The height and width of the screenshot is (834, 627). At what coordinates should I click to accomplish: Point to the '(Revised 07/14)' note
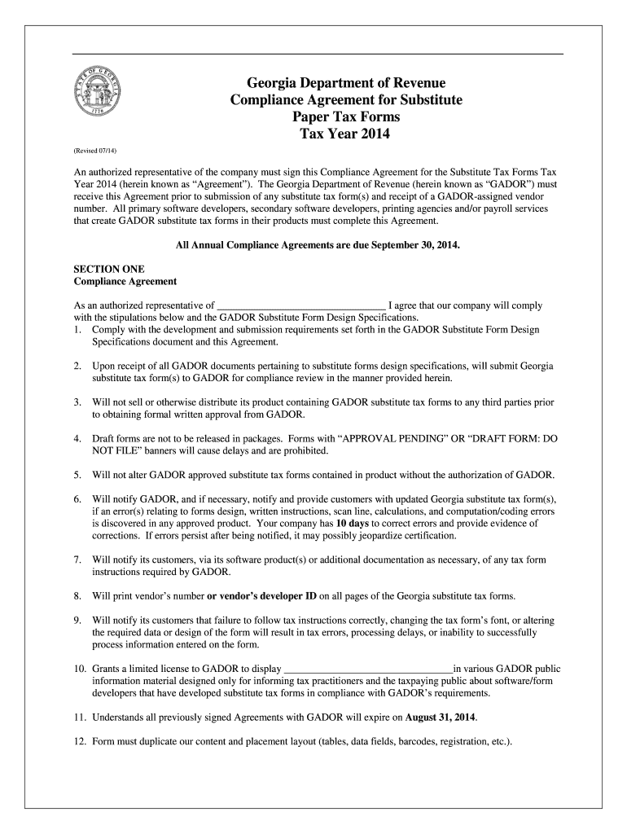tap(95, 151)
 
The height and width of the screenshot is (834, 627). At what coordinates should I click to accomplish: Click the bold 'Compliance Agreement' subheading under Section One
tap(125, 281)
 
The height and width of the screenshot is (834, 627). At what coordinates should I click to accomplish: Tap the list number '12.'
tap(80, 742)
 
